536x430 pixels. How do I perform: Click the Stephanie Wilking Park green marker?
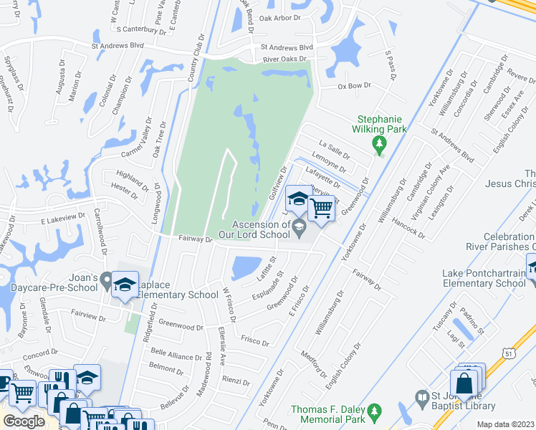pos(379,146)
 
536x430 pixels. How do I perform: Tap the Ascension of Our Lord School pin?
pos(299,229)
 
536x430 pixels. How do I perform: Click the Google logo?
pos(24,421)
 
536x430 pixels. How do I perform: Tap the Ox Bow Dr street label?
pos(354,85)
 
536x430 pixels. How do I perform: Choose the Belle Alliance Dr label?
pos(176,356)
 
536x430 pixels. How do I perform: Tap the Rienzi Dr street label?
pos(236,381)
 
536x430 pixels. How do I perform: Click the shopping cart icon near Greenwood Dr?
pos(322,209)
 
